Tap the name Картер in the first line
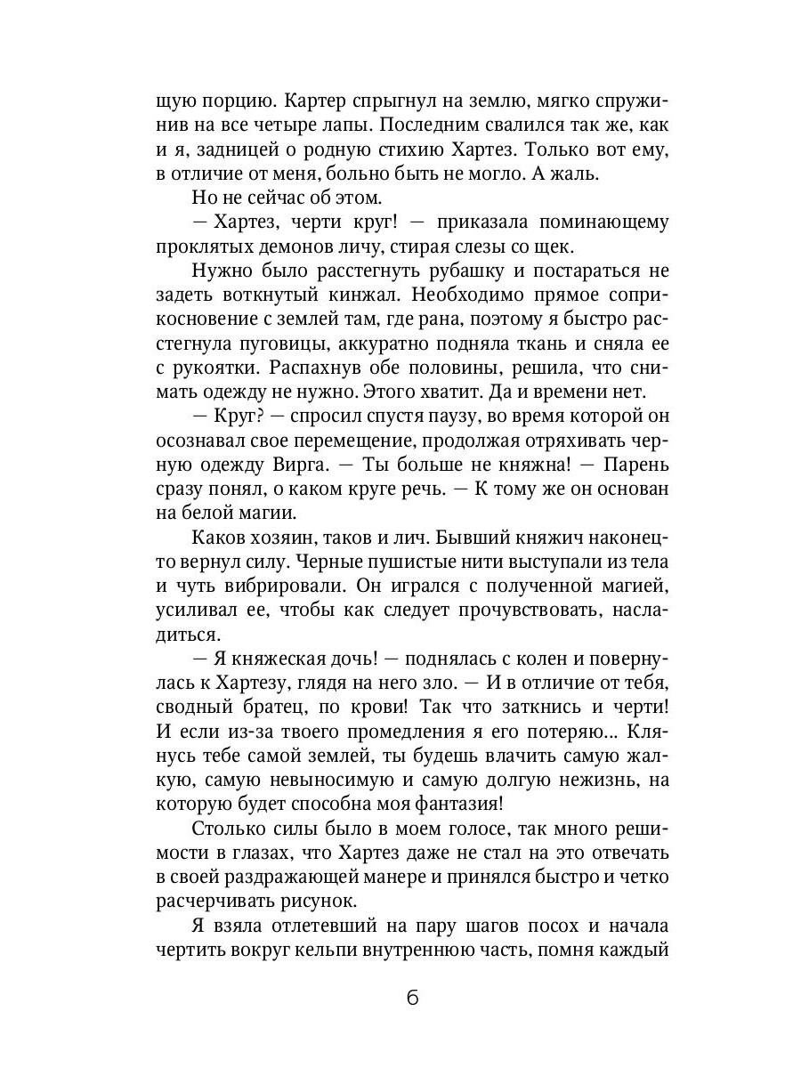coord(274,101)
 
